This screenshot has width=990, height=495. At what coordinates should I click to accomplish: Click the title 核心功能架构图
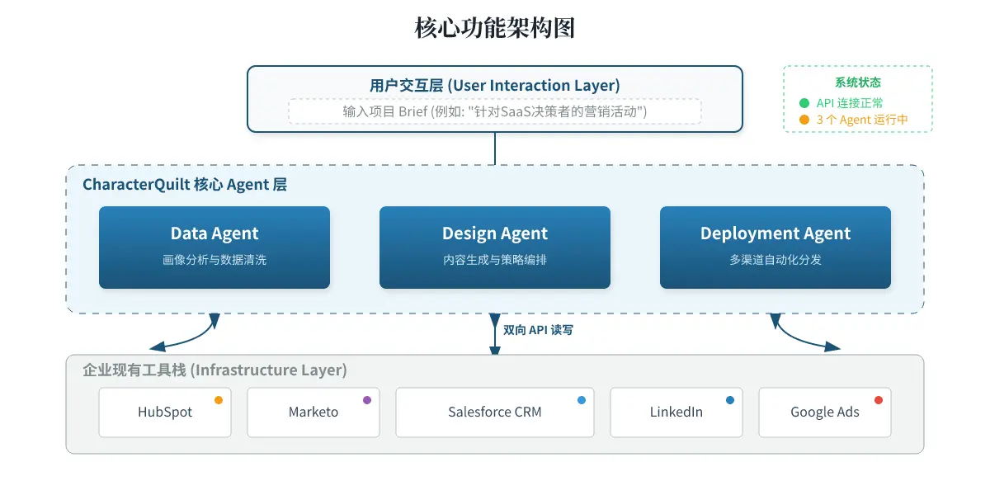tap(494, 27)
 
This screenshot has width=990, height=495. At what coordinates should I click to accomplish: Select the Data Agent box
tap(214, 247)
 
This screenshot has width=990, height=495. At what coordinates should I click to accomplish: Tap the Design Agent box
tap(495, 247)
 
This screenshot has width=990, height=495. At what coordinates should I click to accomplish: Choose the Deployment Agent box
tap(775, 247)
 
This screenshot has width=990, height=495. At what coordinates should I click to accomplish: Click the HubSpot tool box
tap(165, 412)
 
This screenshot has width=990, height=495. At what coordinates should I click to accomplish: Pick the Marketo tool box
tap(313, 412)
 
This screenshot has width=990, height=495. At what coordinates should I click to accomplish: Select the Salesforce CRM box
tap(495, 412)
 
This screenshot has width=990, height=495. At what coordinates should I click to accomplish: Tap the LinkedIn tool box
tap(676, 412)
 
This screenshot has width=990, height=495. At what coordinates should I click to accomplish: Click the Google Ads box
tap(825, 412)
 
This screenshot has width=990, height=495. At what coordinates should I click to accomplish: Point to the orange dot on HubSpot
tap(219, 400)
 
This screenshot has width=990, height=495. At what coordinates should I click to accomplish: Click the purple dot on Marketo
tap(367, 400)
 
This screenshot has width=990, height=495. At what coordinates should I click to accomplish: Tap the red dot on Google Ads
tap(878, 400)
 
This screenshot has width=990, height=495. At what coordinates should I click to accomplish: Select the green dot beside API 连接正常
tap(804, 103)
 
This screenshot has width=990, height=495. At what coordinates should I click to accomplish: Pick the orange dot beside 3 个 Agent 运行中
tap(804, 120)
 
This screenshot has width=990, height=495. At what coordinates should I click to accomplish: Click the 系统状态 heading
tap(858, 82)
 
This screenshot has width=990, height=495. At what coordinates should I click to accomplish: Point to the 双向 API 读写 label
tap(538, 330)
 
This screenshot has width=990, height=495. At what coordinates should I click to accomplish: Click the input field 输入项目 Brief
tap(495, 111)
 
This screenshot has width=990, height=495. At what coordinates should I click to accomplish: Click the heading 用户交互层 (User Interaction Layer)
tap(495, 85)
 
